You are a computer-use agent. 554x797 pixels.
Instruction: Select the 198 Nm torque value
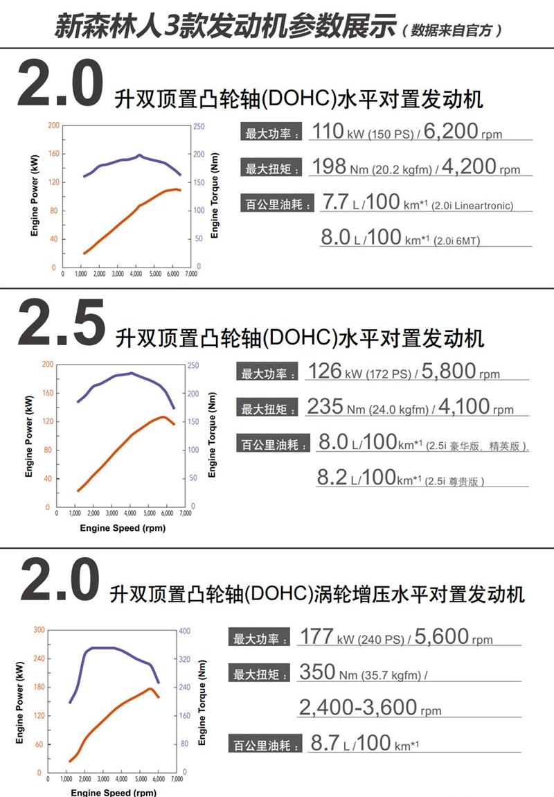pos(329,167)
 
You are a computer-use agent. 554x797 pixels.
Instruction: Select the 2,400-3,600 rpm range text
pos(358,707)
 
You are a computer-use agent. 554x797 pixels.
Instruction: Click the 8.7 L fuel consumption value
pos(325,744)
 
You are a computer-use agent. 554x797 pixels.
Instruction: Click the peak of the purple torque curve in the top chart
pos(139,155)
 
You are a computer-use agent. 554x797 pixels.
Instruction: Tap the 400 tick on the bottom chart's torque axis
pos(184,631)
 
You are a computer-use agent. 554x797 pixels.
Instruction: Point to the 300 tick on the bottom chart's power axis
pos(39,630)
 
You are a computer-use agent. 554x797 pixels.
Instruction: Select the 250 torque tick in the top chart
pos(198,126)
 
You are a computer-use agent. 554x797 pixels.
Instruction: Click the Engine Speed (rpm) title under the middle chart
pos(123,528)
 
